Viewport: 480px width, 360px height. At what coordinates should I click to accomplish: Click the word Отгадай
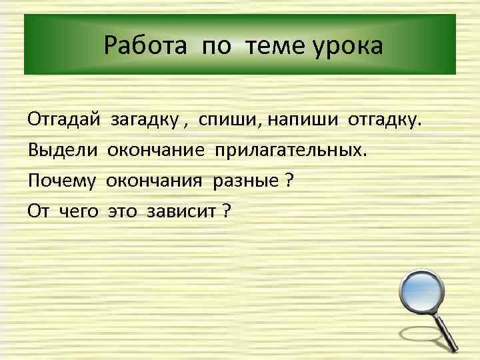pos(63,121)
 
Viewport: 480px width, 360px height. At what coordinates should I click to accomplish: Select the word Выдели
pos(62,151)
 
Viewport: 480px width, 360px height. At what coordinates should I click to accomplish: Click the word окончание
pos(157,151)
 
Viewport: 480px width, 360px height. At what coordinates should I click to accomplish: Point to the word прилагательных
pos(290,151)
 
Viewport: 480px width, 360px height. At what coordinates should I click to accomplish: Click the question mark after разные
pos(288,180)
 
